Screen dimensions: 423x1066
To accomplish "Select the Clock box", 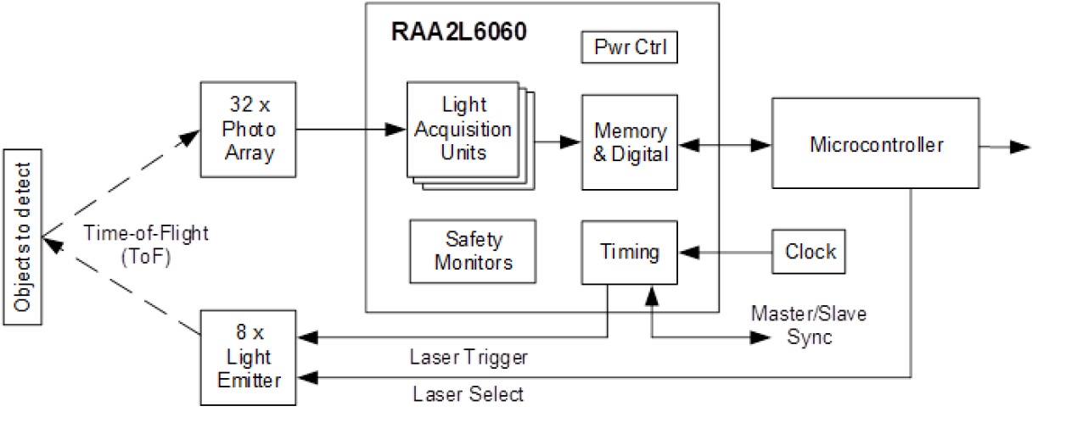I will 809,252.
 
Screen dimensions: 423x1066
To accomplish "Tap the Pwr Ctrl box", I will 629,47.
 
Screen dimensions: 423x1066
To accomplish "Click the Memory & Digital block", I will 630,142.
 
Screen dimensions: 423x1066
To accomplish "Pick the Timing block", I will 629,252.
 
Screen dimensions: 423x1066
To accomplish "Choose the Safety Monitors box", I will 473,251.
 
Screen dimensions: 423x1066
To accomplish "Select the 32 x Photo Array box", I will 248,131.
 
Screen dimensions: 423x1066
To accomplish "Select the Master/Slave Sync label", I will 808,326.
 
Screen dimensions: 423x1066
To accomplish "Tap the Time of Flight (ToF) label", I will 146,246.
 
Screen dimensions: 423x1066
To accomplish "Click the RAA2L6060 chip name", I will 459,33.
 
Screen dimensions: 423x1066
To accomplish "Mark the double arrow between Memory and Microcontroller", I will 726,146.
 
